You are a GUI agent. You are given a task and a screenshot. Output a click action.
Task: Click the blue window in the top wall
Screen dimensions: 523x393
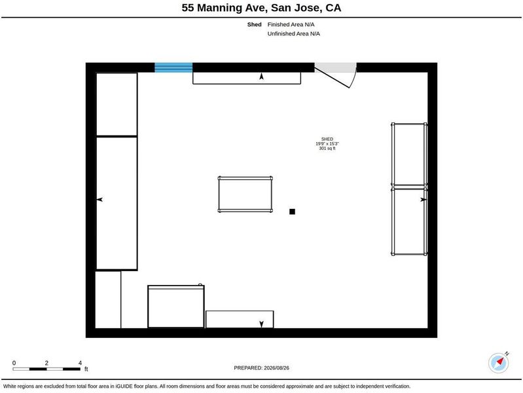pyautogui.click(x=173, y=67)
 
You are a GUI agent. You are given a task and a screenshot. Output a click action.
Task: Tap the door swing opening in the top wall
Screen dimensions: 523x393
pyautogui.click(x=336, y=75)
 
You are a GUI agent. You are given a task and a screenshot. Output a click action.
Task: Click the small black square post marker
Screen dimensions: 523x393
pyautogui.click(x=292, y=212)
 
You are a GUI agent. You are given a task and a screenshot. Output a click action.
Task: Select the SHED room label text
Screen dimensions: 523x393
pyautogui.click(x=327, y=139)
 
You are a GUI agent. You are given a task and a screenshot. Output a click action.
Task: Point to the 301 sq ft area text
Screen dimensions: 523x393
pyautogui.click(x=327, y=148)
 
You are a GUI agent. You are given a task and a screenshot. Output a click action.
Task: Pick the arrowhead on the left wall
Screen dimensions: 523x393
pyautogui.click(x=99, y=200)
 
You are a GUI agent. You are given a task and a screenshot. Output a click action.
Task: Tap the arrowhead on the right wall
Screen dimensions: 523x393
pyautogui.click(x=424, y=200)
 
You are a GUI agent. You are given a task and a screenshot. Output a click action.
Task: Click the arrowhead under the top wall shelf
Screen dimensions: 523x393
pyautogui.click(x=262, y=77)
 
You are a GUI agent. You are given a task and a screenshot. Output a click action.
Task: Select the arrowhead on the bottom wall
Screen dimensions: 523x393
pyautogui.click(x=262, y=324)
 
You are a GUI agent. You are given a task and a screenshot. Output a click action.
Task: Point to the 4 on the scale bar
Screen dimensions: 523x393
pyautogui.click(x=80, y=363)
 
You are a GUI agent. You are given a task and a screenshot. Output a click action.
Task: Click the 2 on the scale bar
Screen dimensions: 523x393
pyautogui.click(x=46, y=363)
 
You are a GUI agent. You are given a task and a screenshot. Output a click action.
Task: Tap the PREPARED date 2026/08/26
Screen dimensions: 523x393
pyautogui.click(x=276, y=368)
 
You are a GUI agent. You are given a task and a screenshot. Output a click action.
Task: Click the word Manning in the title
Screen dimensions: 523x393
pyautogui.click(x=220, y=8)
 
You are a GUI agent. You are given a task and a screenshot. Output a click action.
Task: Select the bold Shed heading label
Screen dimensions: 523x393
pyautogui.click(x=254, y=24)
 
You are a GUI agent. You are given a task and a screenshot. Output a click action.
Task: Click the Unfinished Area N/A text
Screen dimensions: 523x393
pyautogui.click(x=293, y=33)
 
